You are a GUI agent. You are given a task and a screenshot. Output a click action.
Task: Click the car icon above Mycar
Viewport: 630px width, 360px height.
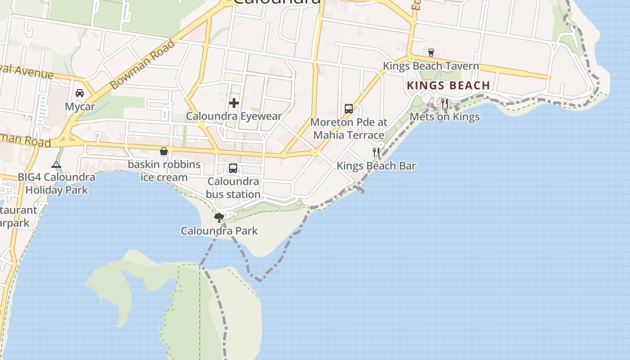pyautogui.click(x=80, y=93)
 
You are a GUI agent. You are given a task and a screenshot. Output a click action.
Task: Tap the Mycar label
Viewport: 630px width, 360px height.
pyautogui.click(x=80, y=107)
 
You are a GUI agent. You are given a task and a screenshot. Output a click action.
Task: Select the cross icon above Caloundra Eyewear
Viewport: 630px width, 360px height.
pyautogui.click(x=234, y=103)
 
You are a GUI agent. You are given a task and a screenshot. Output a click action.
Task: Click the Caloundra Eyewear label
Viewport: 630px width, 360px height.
pyautogui.click(x=234, y=116)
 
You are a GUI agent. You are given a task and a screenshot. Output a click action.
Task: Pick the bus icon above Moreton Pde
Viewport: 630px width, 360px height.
pyautogui.click(x=349, y=108)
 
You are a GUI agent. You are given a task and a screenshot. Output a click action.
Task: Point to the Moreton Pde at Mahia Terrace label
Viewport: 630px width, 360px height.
pyautogui.click(x=349, y=129)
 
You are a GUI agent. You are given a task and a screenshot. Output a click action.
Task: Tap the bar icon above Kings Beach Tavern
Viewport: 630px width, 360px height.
pyautogui.click(x=431, y=52)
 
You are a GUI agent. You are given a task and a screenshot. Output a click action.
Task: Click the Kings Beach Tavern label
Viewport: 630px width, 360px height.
pyautogui.click(x=431, y=66)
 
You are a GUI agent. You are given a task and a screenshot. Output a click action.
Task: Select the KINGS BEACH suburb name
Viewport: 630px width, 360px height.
pyautogui.click(x=448, y=85)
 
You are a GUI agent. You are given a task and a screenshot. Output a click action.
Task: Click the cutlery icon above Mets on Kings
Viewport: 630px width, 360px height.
pyautogui.click(x=445, y=103)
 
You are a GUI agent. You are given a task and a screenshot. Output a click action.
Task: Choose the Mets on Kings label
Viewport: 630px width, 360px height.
pyautogui.click(x=445, y=117)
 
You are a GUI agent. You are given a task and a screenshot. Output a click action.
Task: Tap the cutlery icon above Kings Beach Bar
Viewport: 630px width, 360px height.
pyautogui.click(x=376, y=152)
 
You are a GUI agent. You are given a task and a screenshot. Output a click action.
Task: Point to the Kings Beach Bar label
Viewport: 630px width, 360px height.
pyautogui.click(x=376, y=166)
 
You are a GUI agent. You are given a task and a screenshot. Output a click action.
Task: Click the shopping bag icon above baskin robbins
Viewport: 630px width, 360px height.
pyautogui.click(x=164, y=151)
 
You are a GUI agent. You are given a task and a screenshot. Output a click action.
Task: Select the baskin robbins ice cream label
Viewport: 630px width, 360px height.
pyautogui.click(x=164, y=171)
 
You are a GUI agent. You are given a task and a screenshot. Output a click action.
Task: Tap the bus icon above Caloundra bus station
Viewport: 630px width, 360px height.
pyautogui.click(x=233, y=168)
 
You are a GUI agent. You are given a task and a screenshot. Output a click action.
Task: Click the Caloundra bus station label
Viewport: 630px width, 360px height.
pyautogui.click(x=233, y=188)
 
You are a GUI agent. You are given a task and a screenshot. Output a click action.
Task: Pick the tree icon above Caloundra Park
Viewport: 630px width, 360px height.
pyautogui.click(x=219, y=218)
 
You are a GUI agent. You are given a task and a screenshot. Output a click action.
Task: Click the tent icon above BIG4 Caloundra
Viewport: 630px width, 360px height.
pyautogui.click(x=56, y=164)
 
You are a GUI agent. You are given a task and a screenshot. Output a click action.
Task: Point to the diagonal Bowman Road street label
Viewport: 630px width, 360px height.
pyautogui.click(x=142, y=64)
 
